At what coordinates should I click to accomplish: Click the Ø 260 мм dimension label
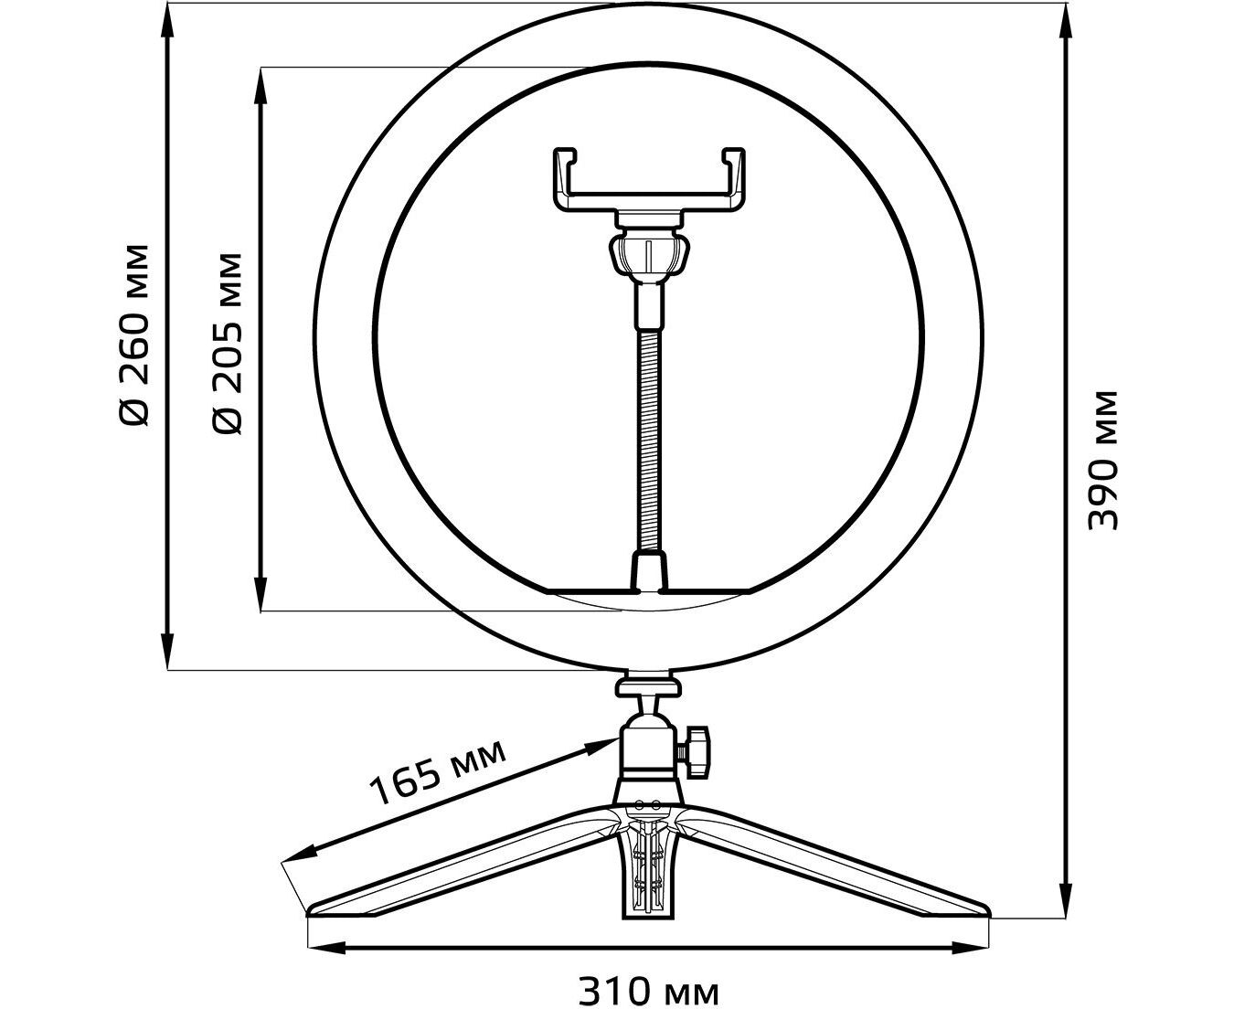(x=133, y=335)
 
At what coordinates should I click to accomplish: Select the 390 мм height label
(x=1101, y=460)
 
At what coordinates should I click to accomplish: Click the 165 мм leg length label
(x=438, y=772)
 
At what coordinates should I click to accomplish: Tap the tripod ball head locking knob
(x=696, y=751)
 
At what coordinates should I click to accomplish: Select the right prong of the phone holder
(x=734, y=178)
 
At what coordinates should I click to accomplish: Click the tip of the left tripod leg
(x=310, y=924)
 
